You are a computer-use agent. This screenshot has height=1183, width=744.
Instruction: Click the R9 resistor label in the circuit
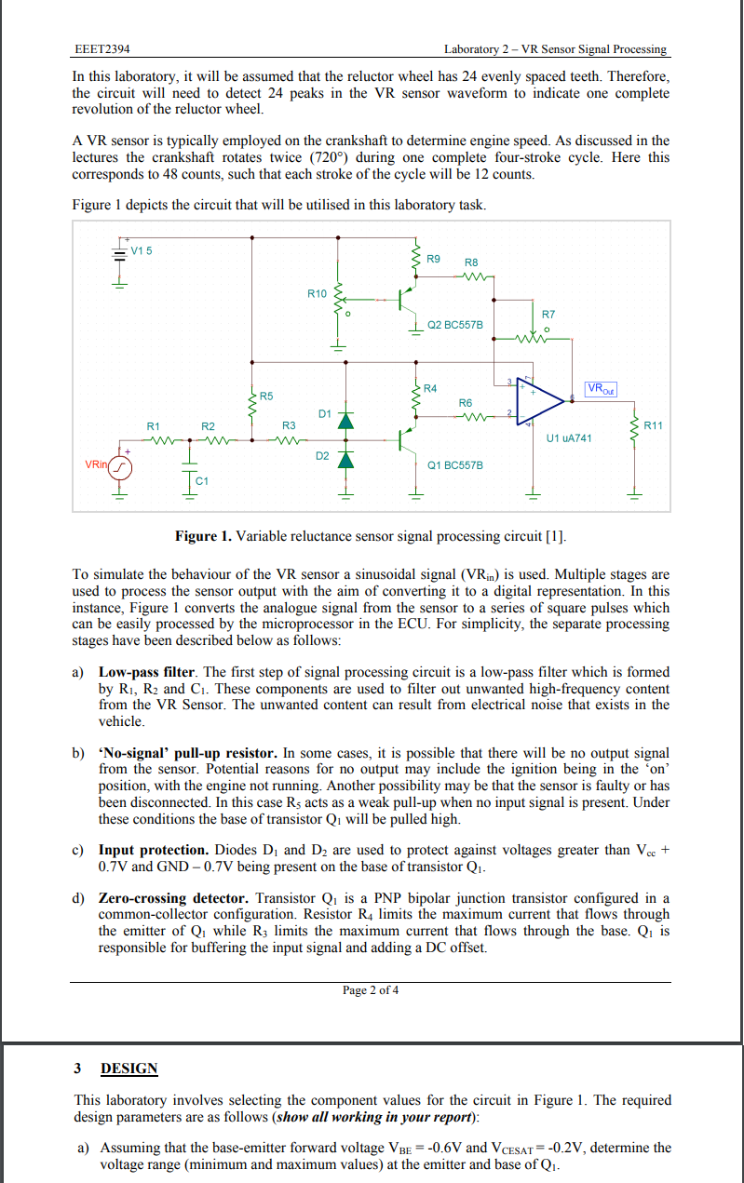433,258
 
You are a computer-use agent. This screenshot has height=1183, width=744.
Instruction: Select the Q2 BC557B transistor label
454,325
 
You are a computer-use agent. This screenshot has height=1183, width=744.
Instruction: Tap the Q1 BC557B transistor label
454,463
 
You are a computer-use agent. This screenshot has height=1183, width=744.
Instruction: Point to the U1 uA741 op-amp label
570,437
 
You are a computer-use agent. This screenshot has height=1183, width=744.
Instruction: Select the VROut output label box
602,387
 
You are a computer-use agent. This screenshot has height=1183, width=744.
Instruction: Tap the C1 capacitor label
202,480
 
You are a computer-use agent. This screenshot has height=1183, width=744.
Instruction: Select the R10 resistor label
317,293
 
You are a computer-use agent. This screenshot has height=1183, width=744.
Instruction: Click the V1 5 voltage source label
142,249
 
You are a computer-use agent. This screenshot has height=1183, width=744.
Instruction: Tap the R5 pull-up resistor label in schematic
266,397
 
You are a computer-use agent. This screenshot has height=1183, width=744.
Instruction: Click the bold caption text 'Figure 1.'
204,536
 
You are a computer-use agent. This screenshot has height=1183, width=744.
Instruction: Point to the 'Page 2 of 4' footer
371,989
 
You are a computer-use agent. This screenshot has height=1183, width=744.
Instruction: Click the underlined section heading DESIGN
129,1069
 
